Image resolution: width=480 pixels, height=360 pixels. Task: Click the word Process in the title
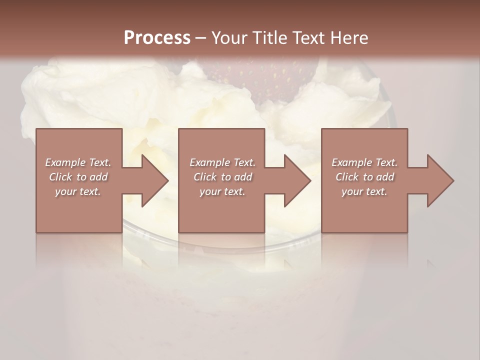pos(157,37)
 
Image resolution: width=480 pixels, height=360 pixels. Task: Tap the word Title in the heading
pos(269,37)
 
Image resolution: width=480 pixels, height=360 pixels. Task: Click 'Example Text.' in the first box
pos(78,162)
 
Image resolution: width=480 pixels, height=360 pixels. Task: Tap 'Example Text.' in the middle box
pos(222,162)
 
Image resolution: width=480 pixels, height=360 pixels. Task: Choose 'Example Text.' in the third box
pos(364,162)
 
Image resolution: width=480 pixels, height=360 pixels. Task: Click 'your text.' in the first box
pos(78,191)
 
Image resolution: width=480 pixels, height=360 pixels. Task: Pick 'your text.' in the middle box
pos(222,191)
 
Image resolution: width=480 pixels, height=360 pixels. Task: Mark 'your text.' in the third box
pos(364,191)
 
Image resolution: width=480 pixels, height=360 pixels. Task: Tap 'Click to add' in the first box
pos(78,177)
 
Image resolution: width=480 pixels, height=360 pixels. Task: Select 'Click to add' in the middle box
pos(222,177)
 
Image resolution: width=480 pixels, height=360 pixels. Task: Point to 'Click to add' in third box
pos(364,177)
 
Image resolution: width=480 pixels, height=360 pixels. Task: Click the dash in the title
pos(200,38)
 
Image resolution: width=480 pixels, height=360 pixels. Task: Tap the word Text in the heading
pos(308,37)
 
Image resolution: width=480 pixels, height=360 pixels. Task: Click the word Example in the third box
pos(351,162)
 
